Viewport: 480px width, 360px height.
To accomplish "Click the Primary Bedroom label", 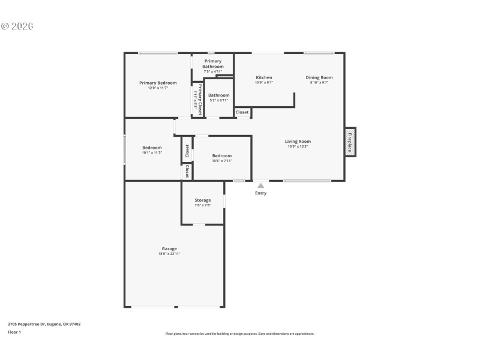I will coord(158,83).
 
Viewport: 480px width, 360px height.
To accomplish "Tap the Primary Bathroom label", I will coord(213,64).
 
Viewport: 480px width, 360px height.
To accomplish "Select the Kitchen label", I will coord(264,77).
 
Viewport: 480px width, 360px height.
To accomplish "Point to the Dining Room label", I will coord(319,77).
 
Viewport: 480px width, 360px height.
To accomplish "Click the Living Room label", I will coord(298,142).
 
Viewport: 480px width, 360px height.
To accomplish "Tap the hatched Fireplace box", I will coord(350,142).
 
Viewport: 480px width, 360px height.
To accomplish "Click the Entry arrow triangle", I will coord(261,185).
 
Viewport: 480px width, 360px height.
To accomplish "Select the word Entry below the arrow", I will coord(261,193).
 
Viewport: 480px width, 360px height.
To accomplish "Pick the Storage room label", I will coord(203,200).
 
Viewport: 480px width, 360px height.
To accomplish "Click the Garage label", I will coord(169,248).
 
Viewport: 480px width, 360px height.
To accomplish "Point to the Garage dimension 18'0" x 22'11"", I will coord(169,254).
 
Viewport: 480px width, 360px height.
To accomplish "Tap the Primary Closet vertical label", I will coord(197,98).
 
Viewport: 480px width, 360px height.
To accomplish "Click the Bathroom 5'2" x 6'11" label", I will coord(218,95).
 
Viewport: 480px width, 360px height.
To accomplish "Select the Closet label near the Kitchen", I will coord(242,112).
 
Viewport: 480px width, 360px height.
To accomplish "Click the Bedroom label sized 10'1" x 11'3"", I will coord(152,148).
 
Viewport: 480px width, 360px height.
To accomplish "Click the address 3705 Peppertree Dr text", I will coord(44,324).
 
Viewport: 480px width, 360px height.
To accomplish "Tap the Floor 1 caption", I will coord(14,332).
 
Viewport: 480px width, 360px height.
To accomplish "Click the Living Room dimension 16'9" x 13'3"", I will coord(298,146).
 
